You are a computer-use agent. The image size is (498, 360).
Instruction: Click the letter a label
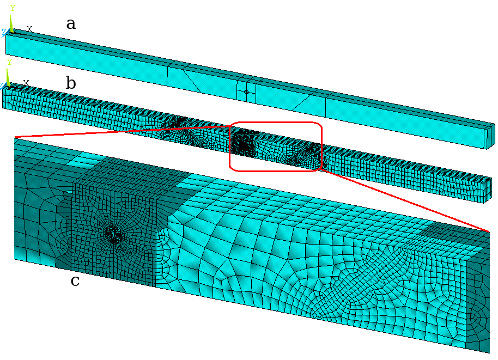[71, 24]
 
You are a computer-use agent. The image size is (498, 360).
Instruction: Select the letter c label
[75, 281]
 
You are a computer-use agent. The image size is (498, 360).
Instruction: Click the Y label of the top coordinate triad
[13, 8]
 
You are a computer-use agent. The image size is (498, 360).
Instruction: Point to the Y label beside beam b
[9, 62]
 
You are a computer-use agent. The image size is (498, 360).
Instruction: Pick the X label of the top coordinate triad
[29, 29]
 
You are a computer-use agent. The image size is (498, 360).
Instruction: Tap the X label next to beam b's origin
[26, 83]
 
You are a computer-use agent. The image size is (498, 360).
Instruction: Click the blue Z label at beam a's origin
[4, 32]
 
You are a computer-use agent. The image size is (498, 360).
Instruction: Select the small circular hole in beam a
[246, 92]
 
